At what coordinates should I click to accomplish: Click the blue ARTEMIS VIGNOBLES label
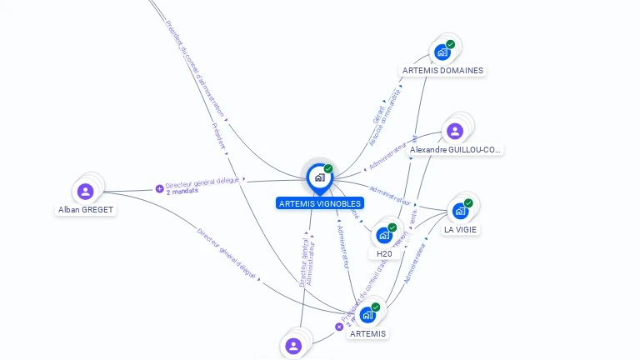tap(320, 202)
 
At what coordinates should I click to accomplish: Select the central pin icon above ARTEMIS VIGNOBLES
tap(319, 177)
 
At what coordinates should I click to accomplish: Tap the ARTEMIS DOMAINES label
tap(442, 71)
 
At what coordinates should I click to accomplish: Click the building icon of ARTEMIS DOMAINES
tap(442, 52)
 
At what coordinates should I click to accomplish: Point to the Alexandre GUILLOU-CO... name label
tap(456, 150)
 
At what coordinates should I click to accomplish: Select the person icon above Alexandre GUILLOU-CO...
tap(455, 131)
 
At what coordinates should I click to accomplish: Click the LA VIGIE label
tap(461, 229)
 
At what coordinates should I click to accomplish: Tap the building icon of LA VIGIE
tap(460, 211)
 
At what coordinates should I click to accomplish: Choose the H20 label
tap(384, 253)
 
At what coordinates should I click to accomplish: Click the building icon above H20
tap(384, 235)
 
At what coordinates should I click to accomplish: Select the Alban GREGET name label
tap(86, 210)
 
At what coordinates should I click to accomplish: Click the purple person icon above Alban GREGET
tap(85, 191)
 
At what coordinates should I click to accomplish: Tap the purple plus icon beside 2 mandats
tap(160, 188)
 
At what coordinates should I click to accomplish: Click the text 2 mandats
tap(181, 192)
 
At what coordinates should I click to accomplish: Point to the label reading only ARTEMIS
tap(367, 333)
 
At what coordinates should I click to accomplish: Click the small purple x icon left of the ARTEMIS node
tap(339, 327)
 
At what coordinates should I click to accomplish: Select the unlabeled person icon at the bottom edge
tap(292, 346)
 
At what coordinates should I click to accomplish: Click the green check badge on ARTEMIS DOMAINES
tap(450, 44)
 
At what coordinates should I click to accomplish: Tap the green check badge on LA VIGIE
tap(468, 202)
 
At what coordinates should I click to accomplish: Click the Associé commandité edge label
tap(384, 120)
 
